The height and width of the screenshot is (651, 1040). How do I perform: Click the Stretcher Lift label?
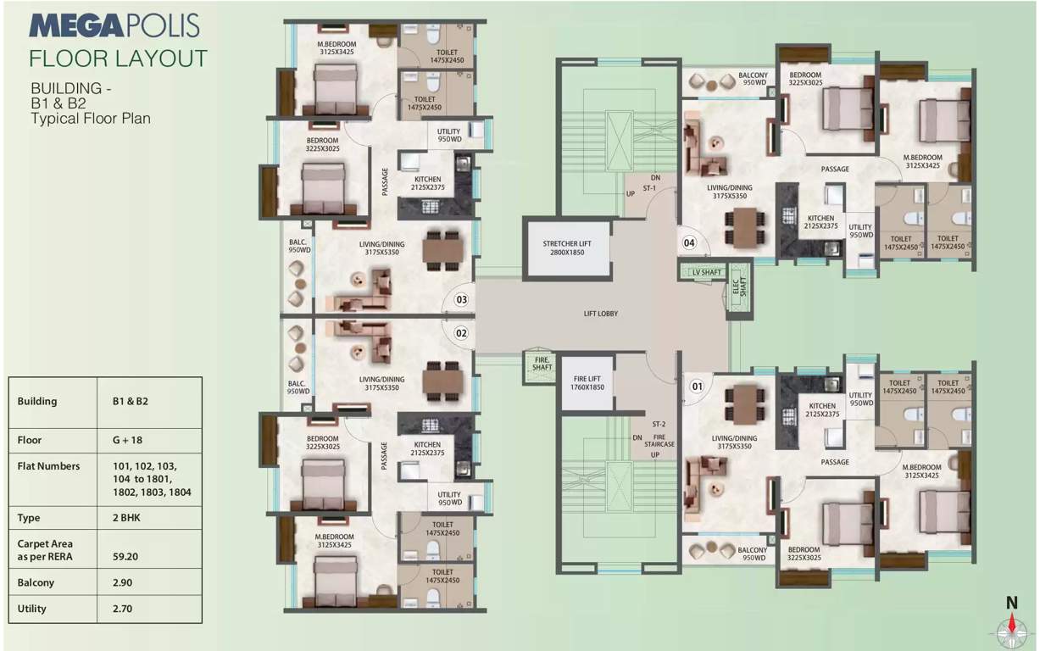pos(567,248)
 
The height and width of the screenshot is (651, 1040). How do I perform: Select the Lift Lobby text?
pos(601,314)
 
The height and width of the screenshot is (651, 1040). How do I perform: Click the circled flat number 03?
pos(462,299)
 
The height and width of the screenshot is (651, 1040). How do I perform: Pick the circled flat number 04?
pos(690,243)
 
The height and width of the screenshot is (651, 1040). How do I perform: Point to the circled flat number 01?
pos(697,387)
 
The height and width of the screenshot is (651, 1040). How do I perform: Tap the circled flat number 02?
pos(462,333)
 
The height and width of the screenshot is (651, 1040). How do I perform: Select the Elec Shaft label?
pos(737,288)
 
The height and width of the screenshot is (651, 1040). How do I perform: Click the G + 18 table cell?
pos(125,440)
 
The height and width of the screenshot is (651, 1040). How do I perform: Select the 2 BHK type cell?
pos(125,518)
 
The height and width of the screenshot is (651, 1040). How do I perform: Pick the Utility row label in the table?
pos(31,609)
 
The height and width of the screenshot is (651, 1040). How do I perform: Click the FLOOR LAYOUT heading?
pos(118,58)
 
